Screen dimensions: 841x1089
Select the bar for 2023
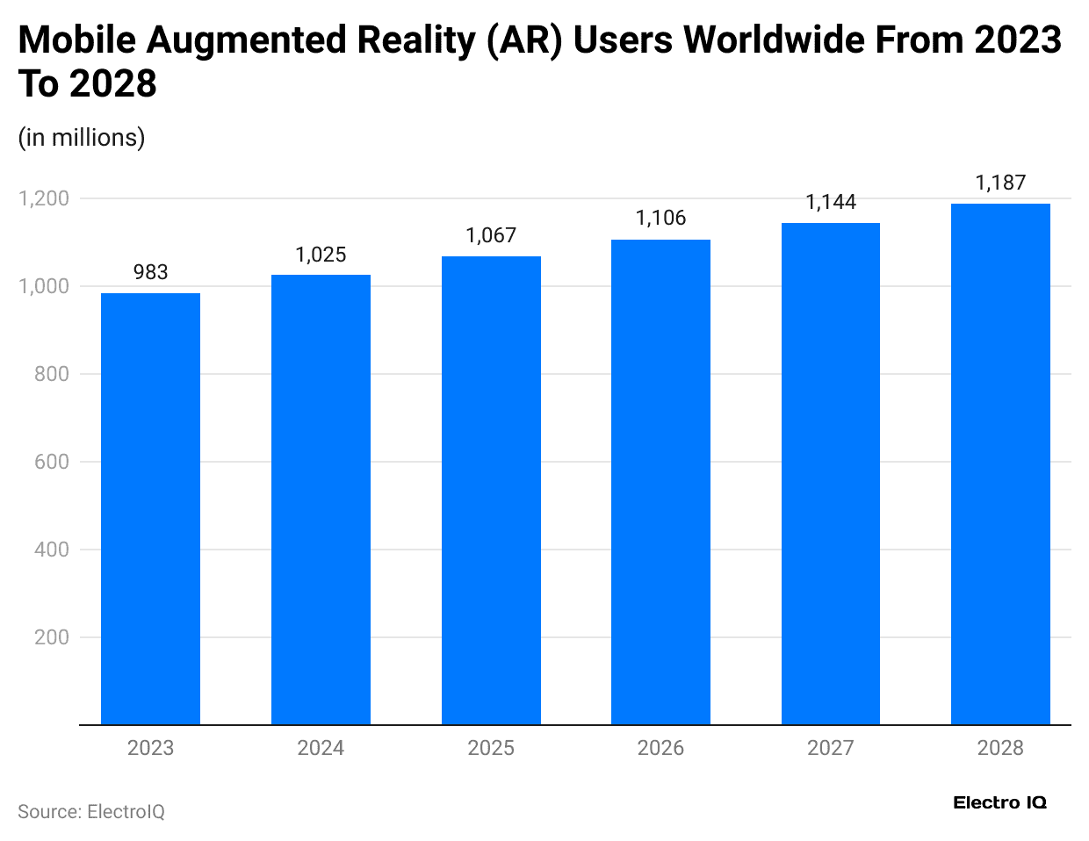click(150, 509)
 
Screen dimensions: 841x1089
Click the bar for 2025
click(491, 491)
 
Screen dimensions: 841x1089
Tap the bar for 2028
click(1000, 464)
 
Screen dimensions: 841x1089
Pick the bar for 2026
click(660, 482)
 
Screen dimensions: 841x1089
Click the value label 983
click(150, 272)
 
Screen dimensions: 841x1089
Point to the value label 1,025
click(321, 255)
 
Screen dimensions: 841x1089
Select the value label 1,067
click(491, 235)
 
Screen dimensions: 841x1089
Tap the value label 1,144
click(831, 202)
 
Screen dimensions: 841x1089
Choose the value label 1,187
click(1000, 183)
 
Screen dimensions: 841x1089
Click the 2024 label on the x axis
click(321, 748)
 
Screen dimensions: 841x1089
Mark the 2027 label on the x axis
click(831, 748)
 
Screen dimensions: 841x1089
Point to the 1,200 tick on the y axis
click(44, 198)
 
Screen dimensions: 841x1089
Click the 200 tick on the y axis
click(52, 637)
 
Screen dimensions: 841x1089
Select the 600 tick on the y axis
click(52, 462)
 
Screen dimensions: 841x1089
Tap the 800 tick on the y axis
click(52, 374)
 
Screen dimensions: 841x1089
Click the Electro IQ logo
click(999, 802)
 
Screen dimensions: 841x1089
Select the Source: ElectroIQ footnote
click(91, 812)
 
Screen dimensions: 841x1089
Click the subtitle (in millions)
click(82, 138)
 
